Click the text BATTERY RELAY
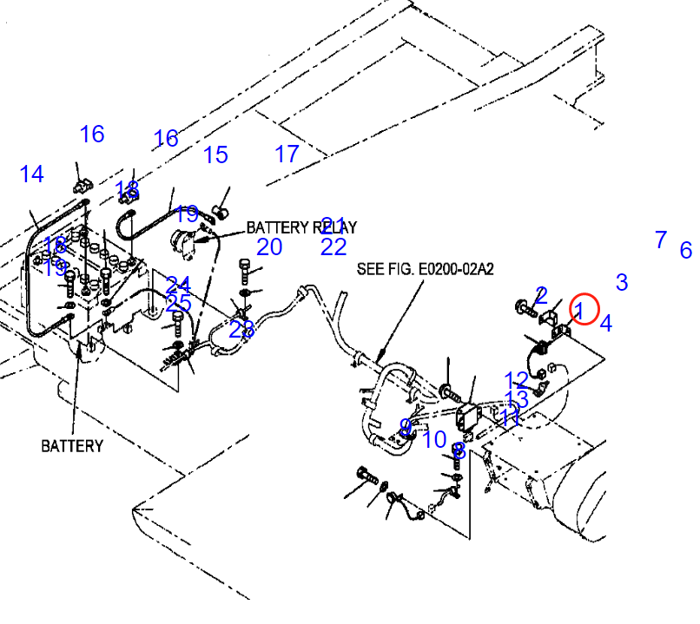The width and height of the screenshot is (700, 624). tap(301, 227)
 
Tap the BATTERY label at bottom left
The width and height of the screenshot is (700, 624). tap(72, 446)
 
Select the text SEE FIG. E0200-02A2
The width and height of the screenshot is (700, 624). tap(425, 270)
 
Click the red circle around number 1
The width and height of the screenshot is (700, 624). tap(584, 309)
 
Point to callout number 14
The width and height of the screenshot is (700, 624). tap(32, 174)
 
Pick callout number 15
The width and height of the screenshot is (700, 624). tap(215, 155)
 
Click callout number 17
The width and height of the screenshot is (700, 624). tap(287, 154)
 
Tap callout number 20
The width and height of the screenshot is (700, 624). tap(269, 247)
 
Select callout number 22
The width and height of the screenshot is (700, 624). tap(333, 247)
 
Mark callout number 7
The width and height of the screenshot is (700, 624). tap(661, 240)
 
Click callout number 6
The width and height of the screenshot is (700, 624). tap(686, 251)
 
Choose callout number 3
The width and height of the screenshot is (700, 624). tap(622, 282)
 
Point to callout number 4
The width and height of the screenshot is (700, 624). tap(606, 324)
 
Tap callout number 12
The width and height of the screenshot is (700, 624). tap(516, 380)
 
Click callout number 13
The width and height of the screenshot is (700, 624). tap(517, 399)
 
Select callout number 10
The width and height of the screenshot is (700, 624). tap(434, 440)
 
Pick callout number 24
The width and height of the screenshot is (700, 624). tap(179, 285)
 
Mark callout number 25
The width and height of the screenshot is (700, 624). tap(179, 304)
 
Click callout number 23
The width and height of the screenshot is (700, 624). tap(242, 330)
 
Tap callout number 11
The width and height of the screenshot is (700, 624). tap(510, 417)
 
